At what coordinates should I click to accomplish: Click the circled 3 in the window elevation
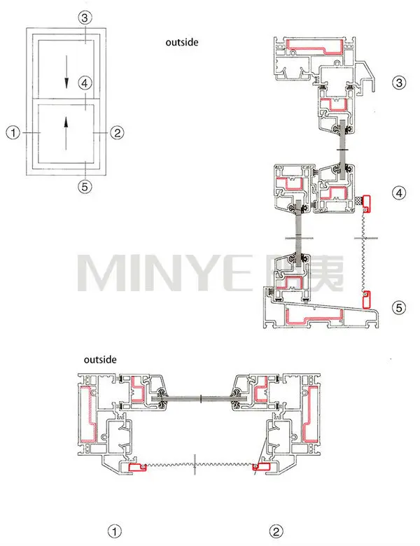pyautogui.click(x=83, y=17)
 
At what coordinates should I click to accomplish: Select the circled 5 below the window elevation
pyautogui.click(x=83, y=186)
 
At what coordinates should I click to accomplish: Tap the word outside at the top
pyautogui.click(x=182, y=43)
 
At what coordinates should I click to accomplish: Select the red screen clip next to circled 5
pyautogui.click(x=366, y=300)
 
